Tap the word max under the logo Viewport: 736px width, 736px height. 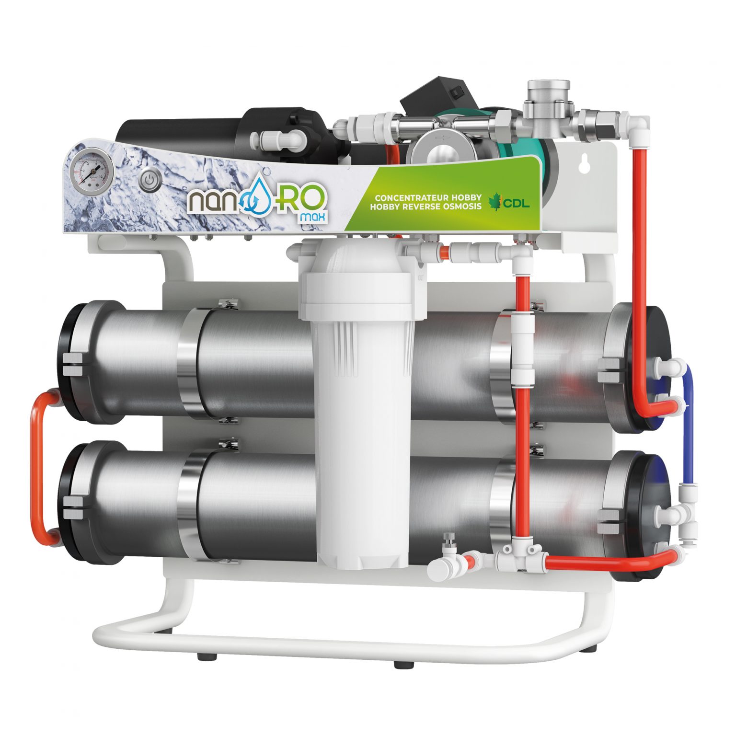click(312, 218)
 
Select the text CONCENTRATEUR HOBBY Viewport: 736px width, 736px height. click(428, 197)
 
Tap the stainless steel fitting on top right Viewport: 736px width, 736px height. click(547, 103)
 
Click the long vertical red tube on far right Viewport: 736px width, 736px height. click(639, 268)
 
